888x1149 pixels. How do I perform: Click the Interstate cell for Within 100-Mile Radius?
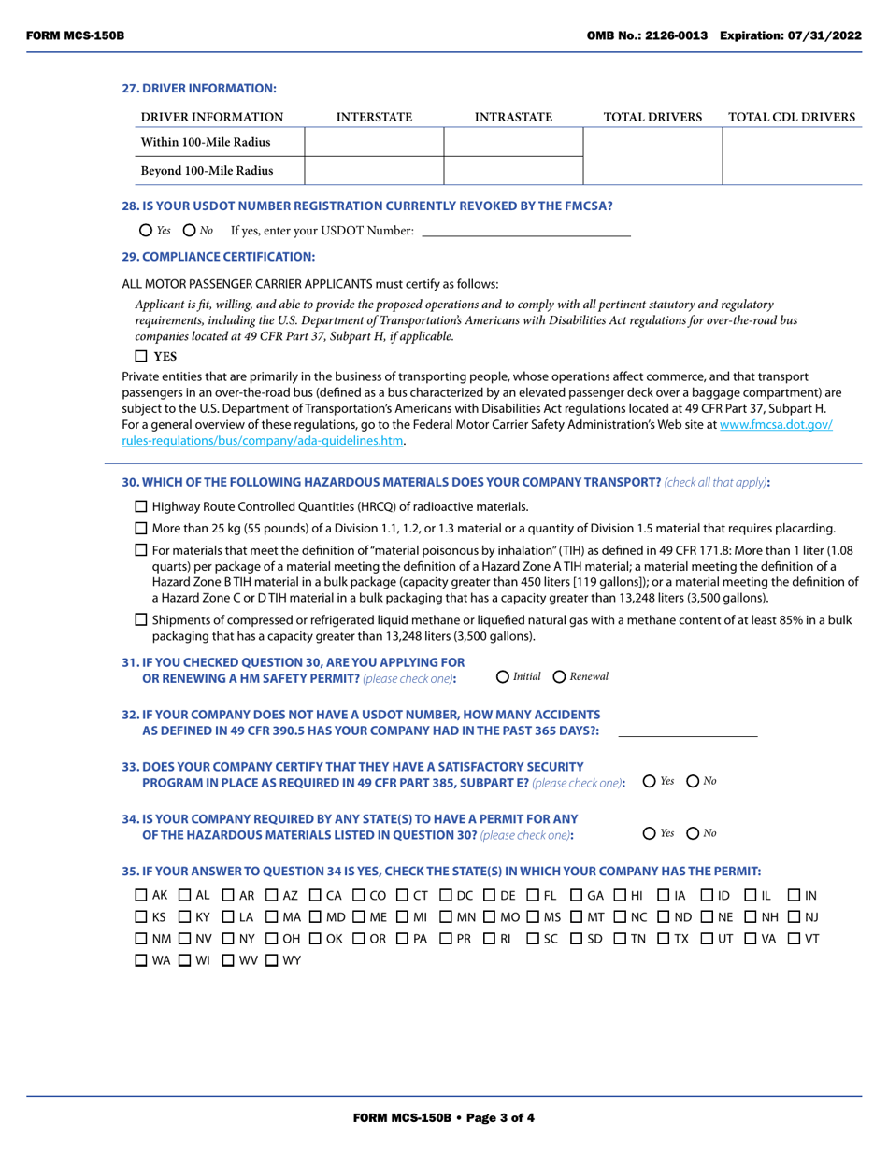[x=374, y=142]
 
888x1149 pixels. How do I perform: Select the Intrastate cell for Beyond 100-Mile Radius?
[x=513, y=170]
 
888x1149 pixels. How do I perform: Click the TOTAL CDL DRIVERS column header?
[x=791, y=117]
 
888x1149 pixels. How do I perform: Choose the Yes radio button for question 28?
[x=145, y=230]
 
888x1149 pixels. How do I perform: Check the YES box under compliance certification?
[x=141, y=356]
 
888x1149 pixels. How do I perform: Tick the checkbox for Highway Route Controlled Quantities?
[x=141, y=506]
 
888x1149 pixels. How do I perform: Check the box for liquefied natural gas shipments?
[x=141, y=619]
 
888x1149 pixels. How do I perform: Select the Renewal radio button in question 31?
[x=560, y=676]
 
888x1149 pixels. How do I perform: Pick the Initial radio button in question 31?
[x=503, y=676]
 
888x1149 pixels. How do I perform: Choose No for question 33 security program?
[x=693, y=781]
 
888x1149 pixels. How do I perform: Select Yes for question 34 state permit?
[x=651, y=832]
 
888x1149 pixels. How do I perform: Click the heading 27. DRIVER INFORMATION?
[x=199, y=88]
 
